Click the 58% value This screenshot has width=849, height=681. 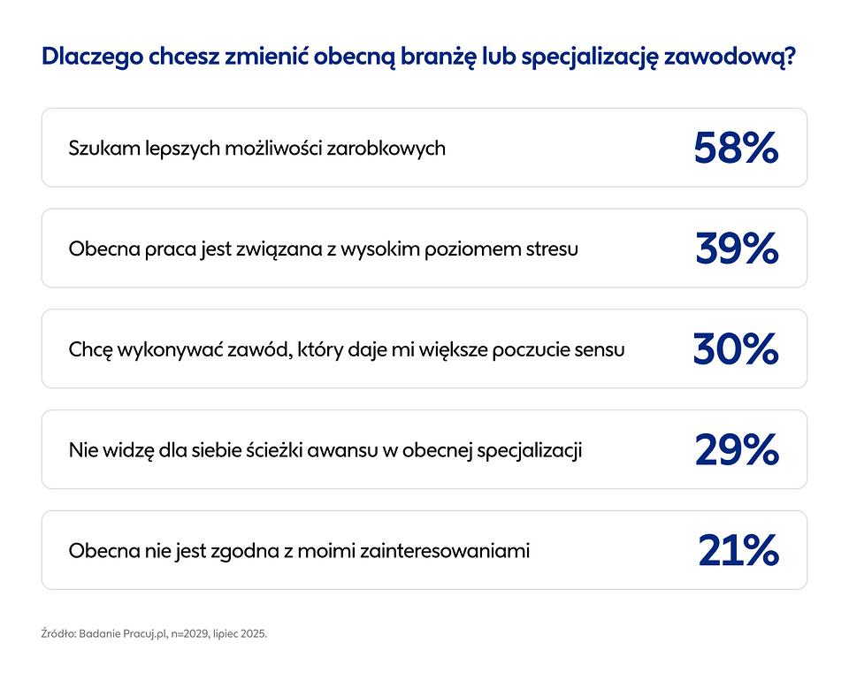coord(736,148)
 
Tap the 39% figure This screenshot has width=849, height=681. coord(737,249)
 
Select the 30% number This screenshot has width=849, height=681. coord(736,349)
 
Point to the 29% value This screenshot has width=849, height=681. coord(737,450)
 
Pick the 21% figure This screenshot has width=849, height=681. coord(738,550)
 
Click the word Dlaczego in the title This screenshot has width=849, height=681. coord(92,57)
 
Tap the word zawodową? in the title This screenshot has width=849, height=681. coord(730,57)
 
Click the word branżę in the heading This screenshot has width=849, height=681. coord(438,57)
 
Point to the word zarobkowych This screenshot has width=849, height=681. coord(386,149)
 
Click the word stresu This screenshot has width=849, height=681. coord(552,249)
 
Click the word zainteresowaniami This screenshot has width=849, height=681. coord(445,551)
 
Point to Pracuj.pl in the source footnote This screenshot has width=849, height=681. coord(148,633)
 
